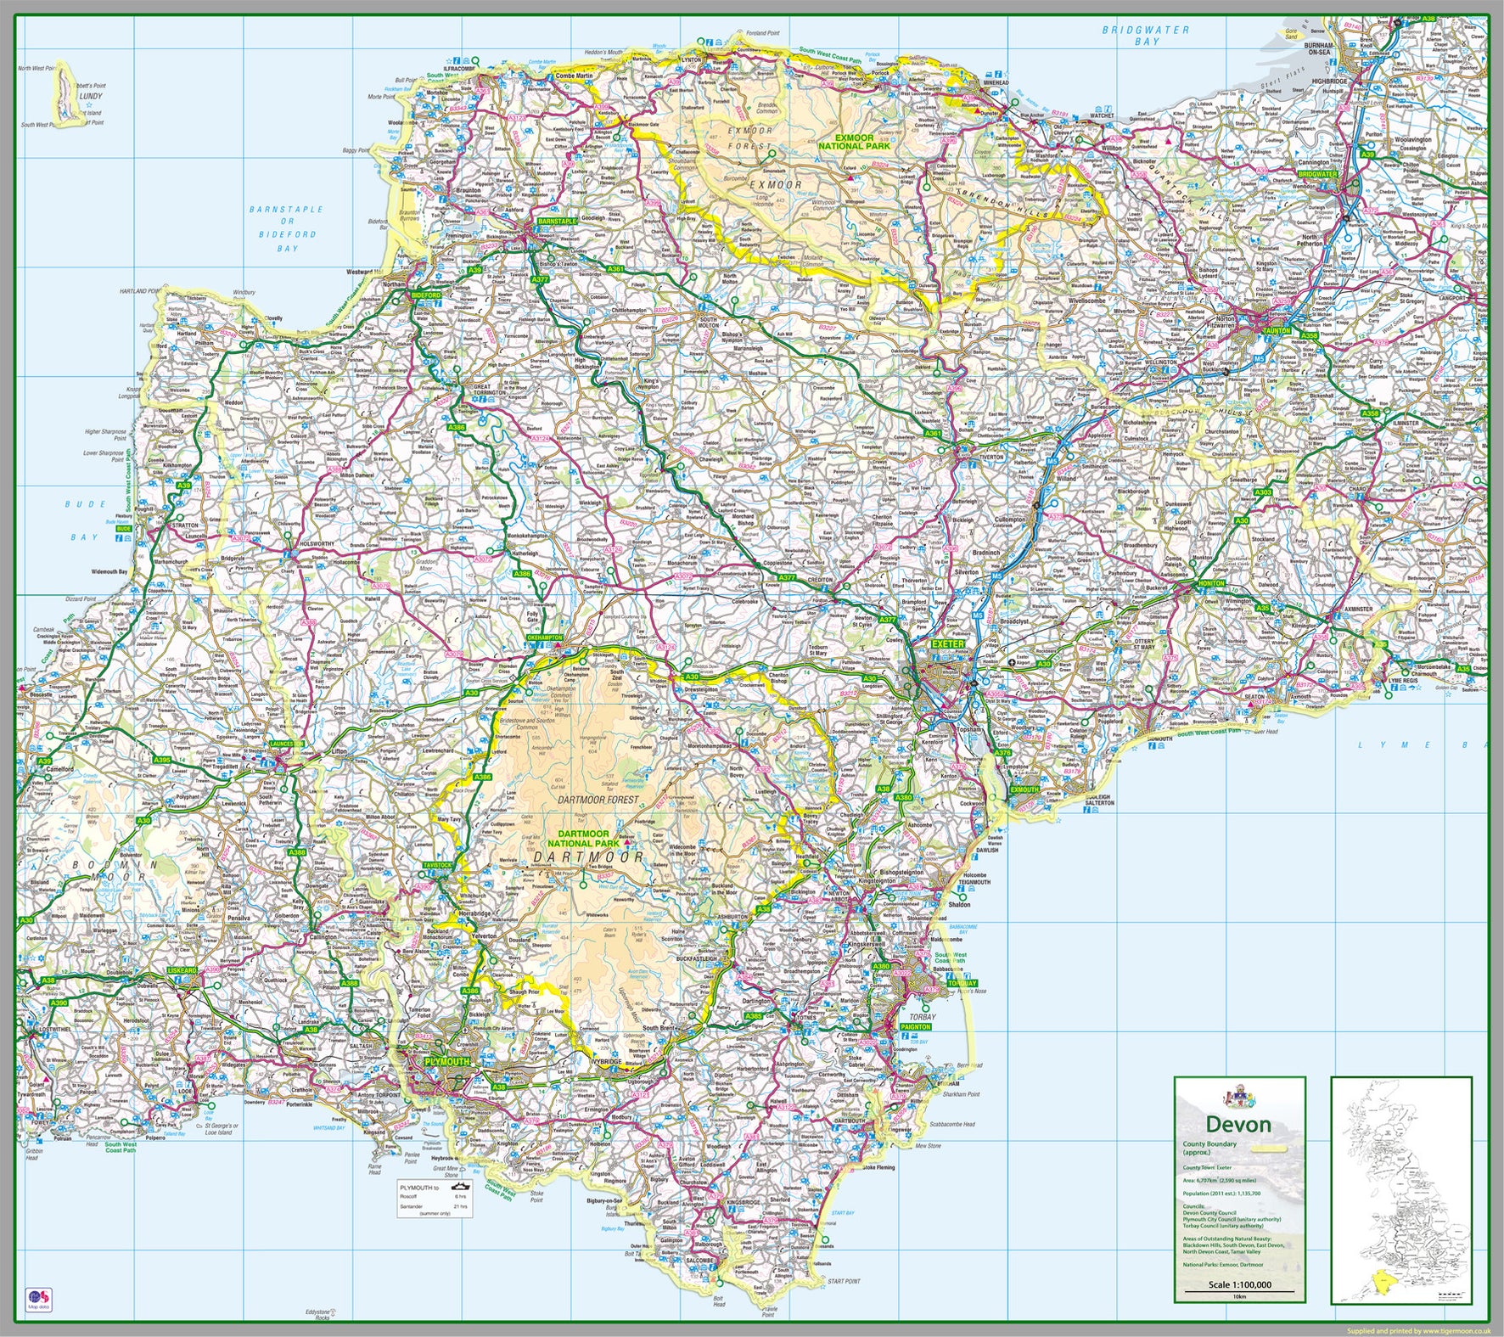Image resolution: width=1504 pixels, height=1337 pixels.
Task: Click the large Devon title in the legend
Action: coord(1238,1126)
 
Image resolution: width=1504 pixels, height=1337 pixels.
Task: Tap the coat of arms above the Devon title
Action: coord(1238,1096)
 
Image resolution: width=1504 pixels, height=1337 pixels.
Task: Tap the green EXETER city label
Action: coord(948,644)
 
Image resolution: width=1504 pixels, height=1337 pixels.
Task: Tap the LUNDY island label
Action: coord(90,97)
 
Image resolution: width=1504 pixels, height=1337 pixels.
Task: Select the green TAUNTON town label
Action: coord(1277,330)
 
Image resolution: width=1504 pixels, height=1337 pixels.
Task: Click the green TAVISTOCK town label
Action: coord(439,865)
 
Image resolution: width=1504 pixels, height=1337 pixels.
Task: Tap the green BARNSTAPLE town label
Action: coord(556,221)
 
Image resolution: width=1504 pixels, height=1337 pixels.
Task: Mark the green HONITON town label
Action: coord(1211,583)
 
